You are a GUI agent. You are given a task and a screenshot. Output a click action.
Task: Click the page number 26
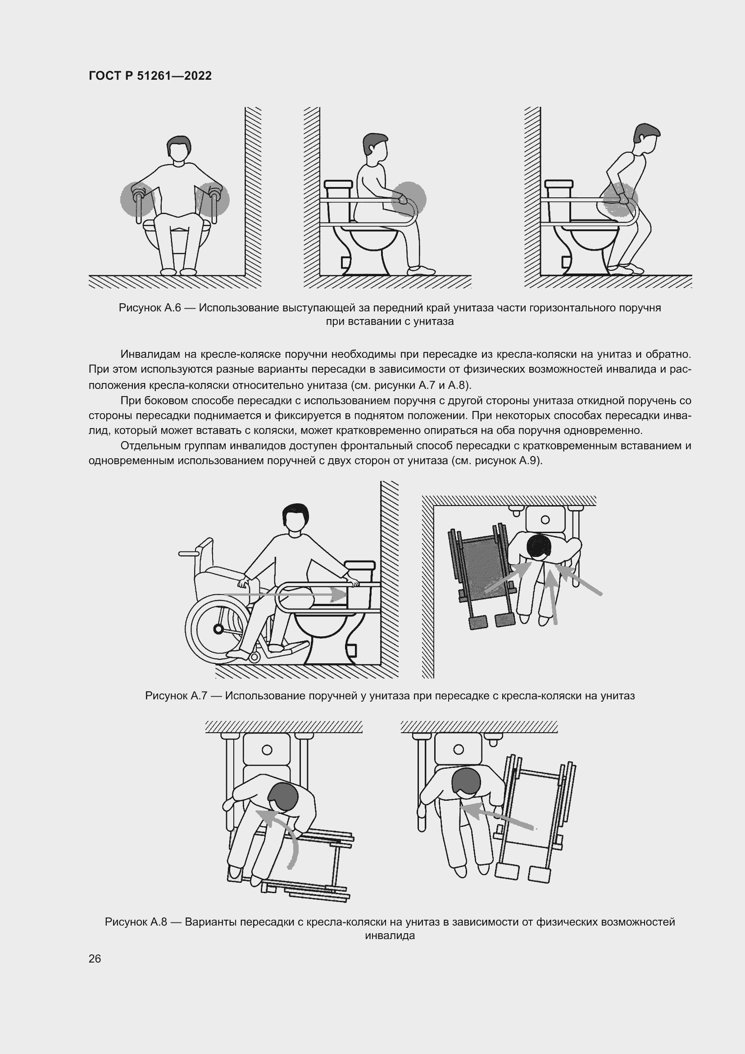coord(95,958)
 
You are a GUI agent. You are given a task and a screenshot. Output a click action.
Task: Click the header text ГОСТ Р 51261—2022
coord(150,76)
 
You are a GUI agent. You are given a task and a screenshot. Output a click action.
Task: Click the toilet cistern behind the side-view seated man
coord(339,189)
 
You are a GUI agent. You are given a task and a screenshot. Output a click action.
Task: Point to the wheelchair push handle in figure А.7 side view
coord(189,554)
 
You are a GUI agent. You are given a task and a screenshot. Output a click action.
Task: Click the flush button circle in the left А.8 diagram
coord(267,750)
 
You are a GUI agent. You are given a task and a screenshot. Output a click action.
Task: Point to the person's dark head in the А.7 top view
coord(539,546)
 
